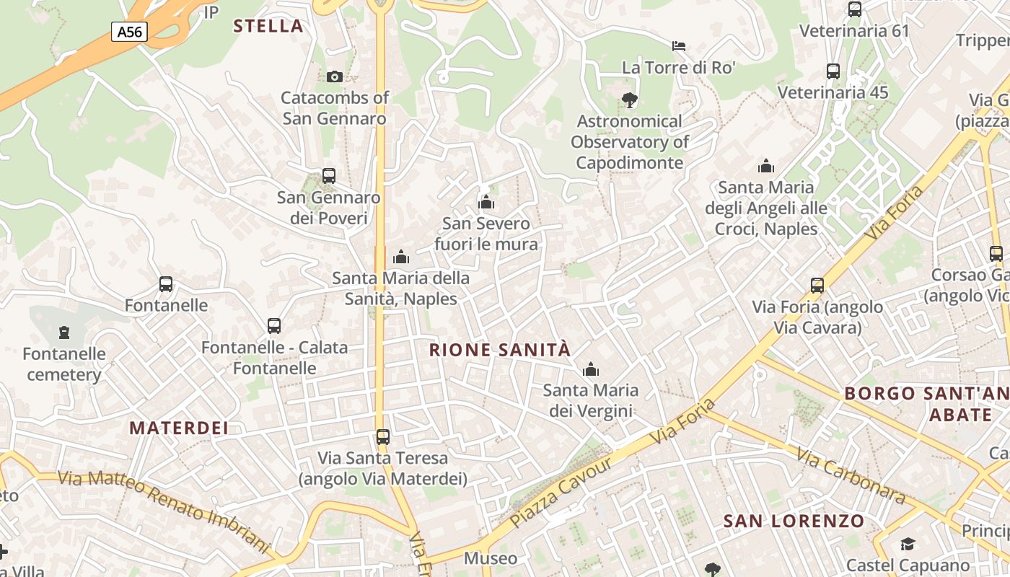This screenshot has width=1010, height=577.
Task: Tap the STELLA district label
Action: tap(268, 26)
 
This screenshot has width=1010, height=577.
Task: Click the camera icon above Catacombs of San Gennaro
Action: tap(334, 76)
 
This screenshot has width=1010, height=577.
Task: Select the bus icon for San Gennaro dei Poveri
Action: tap(329, 175)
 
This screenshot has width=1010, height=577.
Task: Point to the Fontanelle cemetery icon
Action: tap(64, 332)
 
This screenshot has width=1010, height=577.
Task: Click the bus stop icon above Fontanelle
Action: tap(166, 284)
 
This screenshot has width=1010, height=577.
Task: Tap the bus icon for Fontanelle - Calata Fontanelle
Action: tap(274, 326)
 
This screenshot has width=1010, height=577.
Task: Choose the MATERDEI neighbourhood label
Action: tap(179, 428)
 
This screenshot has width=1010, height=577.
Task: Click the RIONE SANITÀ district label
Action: tap(500, 351)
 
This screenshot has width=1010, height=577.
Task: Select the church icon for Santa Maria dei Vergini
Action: tap(591, 369)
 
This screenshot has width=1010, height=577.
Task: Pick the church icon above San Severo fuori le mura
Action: tap(486, 202)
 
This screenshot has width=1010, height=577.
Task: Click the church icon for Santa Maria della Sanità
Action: tap(400, 257)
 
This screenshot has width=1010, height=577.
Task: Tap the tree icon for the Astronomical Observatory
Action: tap(630, 100)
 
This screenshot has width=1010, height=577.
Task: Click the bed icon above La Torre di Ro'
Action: tap(678, 46)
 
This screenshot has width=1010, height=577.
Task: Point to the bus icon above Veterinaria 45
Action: tap(833, 71)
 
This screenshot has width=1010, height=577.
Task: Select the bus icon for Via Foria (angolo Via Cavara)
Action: tap(817, 286)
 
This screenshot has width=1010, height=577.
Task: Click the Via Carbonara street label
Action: tap(851, 475)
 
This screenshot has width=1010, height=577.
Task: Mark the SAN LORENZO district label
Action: tap(794, 521)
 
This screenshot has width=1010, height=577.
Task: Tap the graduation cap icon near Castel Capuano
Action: tap(908, 544)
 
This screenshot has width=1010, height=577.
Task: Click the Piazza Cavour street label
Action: tap(561, 492)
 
